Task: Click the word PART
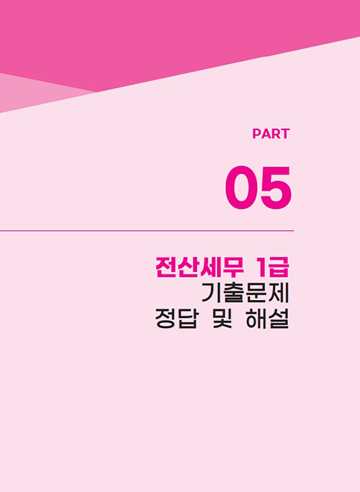[271, 134]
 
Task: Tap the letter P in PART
[256, 134]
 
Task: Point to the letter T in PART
[285, 134]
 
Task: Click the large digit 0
[241, 187]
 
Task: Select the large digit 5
[276, 188]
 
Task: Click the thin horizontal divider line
[147, 231]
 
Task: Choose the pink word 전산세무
[199, 268]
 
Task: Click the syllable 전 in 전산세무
[166, 268]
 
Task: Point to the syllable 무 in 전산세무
[233, 268]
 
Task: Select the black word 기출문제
[245, 293]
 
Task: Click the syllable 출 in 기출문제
[234, 293]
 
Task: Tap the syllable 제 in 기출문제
[279, 293]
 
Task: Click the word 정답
[177, 319]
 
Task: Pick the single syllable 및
[222, 319]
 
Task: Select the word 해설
[267, 319]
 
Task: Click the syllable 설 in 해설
[279, 319]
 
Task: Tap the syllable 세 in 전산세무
[211, 268]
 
